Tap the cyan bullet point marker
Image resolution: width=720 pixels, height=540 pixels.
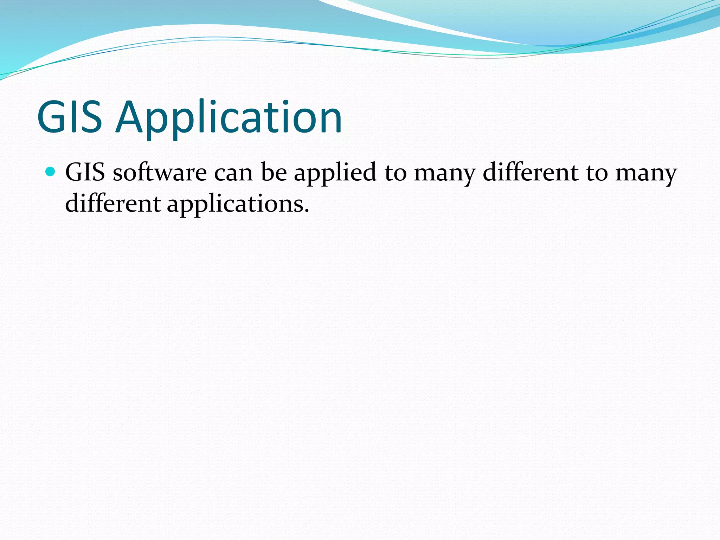tap(51, 172)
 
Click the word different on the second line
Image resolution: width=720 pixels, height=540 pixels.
tap(113, 204)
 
